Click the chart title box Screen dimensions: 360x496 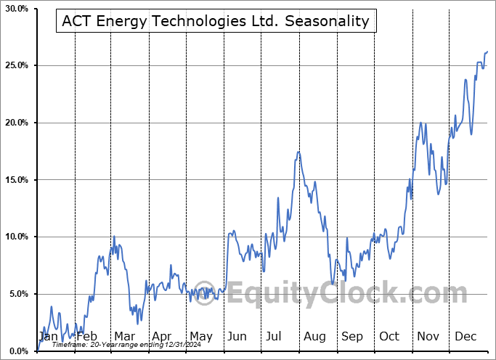(216, 22)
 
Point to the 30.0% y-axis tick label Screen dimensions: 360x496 (15, 9)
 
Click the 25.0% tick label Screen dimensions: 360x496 (15, 66)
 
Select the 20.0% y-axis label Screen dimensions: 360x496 (15, 123)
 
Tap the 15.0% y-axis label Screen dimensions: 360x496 (15, 180)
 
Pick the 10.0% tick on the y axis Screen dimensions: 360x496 (15, 237)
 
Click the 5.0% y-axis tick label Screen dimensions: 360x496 (17, 294)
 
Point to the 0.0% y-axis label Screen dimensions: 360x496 (17, 351)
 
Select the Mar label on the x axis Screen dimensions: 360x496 (123, 337)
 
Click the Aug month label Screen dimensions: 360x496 (314, 337)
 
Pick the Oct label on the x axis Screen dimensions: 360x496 (389, 337)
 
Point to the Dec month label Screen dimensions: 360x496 (465, 337)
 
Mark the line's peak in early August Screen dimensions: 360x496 (298, 152)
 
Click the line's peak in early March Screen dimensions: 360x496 (114, 237)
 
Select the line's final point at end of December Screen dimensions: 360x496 (487, 52)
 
